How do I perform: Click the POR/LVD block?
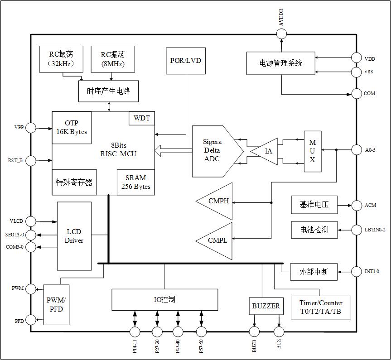pos(185,61)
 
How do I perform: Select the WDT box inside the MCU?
pos(142,119)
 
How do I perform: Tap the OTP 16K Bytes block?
pos(72,127)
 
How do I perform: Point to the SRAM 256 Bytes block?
pos(136,182)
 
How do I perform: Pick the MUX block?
pos(312,151)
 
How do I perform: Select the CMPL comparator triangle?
pos(217,240)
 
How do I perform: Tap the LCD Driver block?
pos(74,235)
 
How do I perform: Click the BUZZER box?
pos(265,306)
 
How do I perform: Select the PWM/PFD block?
pos(56,304)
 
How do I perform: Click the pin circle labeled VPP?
pos(31,128)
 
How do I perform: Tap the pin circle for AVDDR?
pos(281,34)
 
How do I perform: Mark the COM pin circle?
pos(357,93)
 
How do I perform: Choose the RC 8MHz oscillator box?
pos(112,58)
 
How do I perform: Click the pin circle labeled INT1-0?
pos(357,272)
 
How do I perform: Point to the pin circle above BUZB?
pos(254,331)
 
